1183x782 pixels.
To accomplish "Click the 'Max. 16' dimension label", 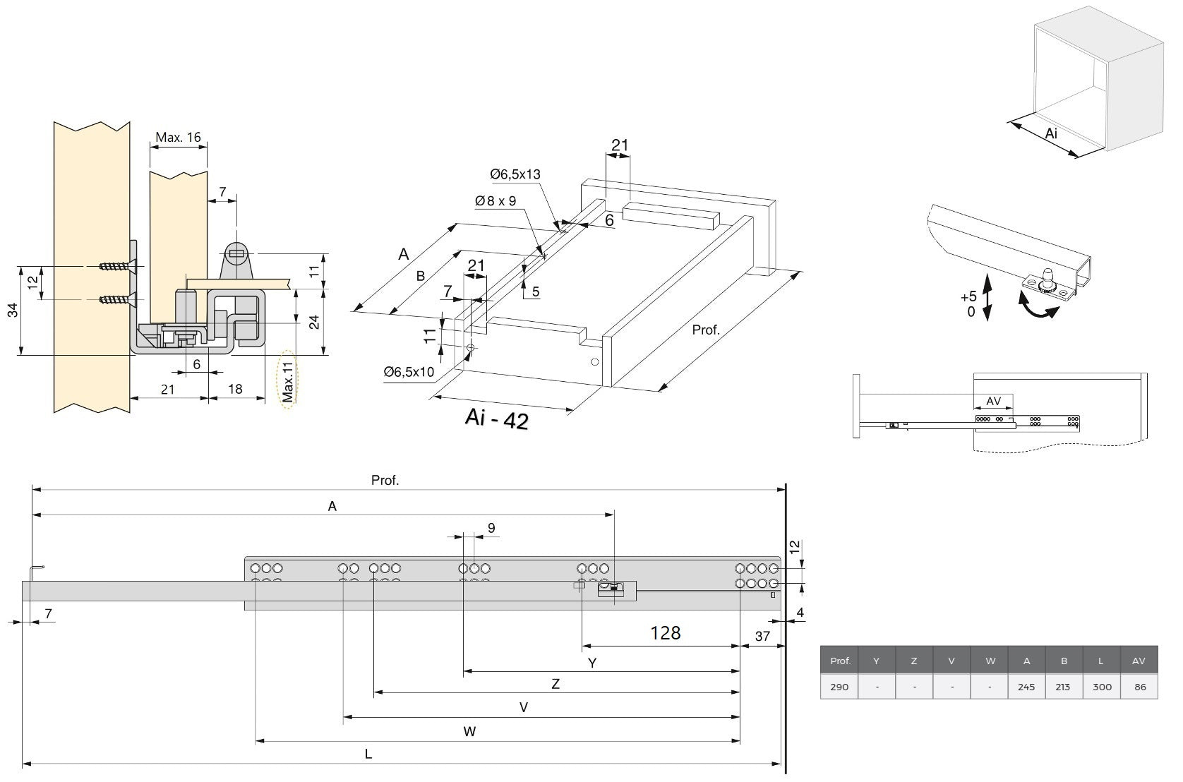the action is click(x=178, y=138).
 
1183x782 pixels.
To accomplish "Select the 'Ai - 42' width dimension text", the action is click(x=496, y=419).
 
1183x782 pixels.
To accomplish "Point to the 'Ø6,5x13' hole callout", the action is click(x=515, y=174).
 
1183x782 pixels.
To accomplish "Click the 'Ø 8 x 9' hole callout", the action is click(x=496, y=201).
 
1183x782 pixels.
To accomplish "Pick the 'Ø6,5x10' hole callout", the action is click(x=409, y=372).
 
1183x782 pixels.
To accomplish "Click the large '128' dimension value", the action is click(x=665, y=632).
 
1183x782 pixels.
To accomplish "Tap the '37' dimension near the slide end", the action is click(x=762, y=637).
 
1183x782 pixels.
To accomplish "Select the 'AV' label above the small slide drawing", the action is click(x=993, y=402).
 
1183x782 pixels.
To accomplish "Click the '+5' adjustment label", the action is click(x=968, y=296).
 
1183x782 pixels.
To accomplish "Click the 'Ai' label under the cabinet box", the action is click(x=1051, y=133).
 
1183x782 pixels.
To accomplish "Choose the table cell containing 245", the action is click(x=1026, y=687).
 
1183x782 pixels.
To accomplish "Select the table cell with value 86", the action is click(x=1140, y=687).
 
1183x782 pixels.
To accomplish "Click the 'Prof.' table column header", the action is click(x=840, y=661).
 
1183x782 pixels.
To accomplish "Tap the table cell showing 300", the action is click(x=1102, y=687).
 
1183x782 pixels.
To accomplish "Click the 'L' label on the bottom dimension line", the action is click(x=368, y=754).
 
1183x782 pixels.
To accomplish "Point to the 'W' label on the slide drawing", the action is click(x=469, y=732).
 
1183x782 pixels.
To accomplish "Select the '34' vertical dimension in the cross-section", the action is click(x=13, y=311).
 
